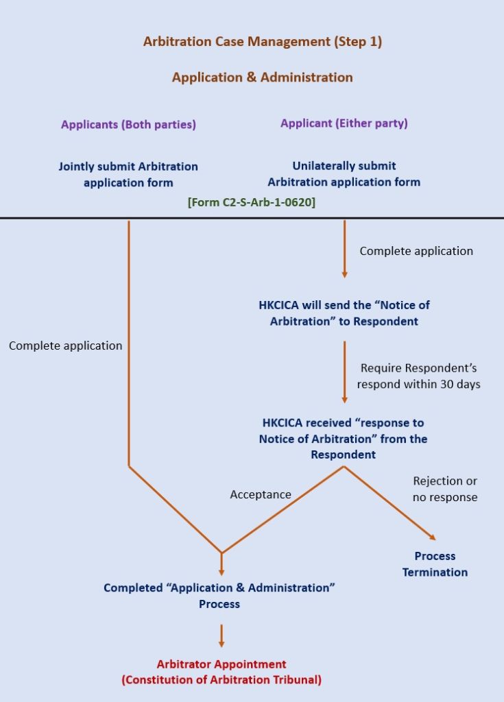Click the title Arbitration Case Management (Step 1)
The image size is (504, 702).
pos(262,42)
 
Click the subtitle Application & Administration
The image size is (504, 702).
pos(262,77)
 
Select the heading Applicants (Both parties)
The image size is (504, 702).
pos(128,125)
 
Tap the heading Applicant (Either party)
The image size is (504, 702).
pos(344,123)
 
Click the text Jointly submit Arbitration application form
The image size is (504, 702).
pos(128,174)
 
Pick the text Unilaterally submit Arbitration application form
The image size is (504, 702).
pos(344,174)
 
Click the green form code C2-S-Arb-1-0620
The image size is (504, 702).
pos(252,202)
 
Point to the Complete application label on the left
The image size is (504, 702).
pos(65,346)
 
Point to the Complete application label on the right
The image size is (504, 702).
pos(416,251)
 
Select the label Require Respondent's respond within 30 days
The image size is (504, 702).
pos(418,376)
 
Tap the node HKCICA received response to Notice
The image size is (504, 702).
pos(343,438)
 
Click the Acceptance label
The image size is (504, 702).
pos(261,494)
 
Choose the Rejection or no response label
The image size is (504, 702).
pos(445,489)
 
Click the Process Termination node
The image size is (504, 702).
pos(435,564)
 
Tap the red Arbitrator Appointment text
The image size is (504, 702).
pos(221,672)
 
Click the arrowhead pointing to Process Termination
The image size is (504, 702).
pos(432,537)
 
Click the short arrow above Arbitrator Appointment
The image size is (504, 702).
pos(221,636)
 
